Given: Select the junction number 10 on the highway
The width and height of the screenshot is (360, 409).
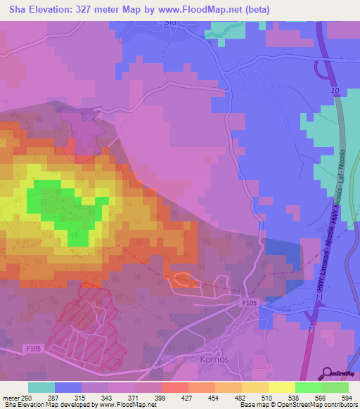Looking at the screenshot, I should coord(334,92).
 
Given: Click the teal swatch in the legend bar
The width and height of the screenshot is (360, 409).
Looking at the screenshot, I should coord(41,387).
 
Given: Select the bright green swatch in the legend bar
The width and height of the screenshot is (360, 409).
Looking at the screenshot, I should coord(308,387).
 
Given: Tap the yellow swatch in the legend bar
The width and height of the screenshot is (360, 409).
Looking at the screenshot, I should coord(281,387).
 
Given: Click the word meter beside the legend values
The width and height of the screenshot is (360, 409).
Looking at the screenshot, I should coord(10,398).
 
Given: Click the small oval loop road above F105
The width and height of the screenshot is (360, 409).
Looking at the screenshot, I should coord(183,280).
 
